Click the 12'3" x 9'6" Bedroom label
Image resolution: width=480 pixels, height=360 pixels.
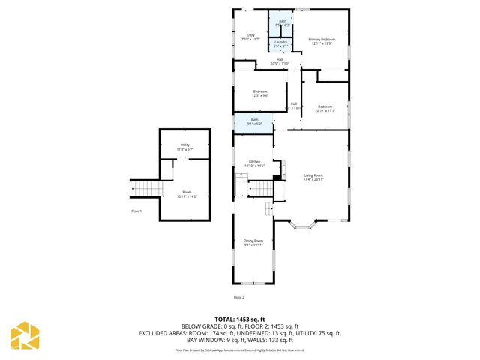point(260,93)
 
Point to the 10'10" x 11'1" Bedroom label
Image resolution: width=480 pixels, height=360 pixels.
point(324,109)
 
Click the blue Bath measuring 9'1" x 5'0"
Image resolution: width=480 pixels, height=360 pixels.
point(253,122)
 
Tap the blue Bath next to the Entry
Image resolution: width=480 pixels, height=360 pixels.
point(282,23)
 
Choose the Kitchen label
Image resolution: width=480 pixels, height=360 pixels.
point(255,163)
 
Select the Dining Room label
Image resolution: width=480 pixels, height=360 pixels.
point(253,242)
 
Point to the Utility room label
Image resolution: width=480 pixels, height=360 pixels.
point(184,147)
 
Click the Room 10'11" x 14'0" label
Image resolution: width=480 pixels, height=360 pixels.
point(186,194)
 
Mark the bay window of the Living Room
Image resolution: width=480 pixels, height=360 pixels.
point(305,222)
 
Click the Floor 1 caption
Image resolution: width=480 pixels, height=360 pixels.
point(136,211)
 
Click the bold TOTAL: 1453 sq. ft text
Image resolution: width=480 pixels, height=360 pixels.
point(240,319)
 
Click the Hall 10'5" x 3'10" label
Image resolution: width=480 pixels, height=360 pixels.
point(279,61)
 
